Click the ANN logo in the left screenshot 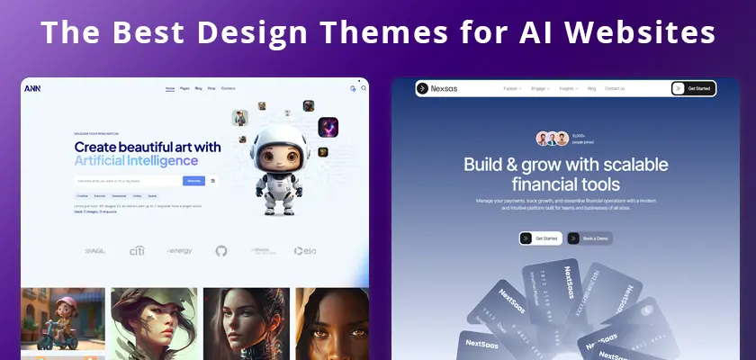[32, 88]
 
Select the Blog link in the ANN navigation [197, 88]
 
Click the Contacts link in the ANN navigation [228, 88]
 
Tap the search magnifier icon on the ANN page [363, 88]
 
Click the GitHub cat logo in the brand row [221, 250]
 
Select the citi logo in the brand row [137, 250]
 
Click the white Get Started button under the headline [540, 238]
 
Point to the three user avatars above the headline [553, 139]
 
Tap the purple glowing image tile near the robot [328, 127]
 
